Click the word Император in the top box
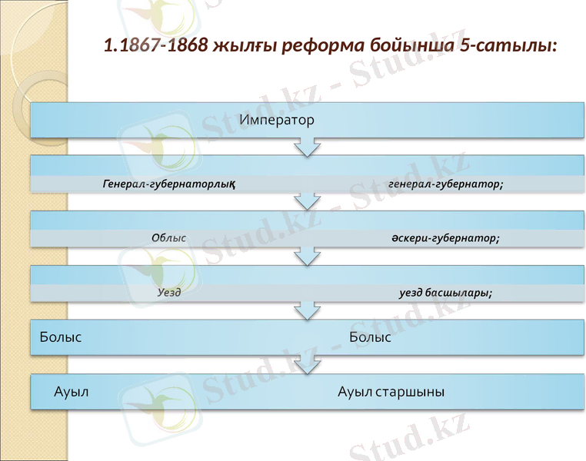(277, 120)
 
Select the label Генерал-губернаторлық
(168, 184)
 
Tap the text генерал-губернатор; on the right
(446, 184)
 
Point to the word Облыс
(169, 238)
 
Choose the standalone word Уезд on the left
(169, 293)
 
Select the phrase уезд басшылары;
(446, 293)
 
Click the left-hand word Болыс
(61, 337)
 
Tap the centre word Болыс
(370, 337)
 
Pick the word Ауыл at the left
(72, 392)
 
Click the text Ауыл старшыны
(391, 392)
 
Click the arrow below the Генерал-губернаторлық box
(307, 201)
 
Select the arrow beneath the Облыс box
(307, 256)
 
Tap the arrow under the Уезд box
(307, 310)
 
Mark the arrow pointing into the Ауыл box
(307, 366)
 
